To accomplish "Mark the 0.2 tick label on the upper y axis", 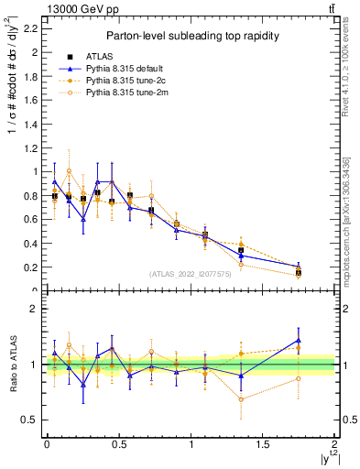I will point(31,267).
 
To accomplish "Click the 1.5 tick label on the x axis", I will point(262,444).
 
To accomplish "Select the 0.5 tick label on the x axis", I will point(118,444).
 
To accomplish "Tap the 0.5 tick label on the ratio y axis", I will point(29,420).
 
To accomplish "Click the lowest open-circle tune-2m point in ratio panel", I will point(241,398).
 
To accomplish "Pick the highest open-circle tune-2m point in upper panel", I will point(69,170).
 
